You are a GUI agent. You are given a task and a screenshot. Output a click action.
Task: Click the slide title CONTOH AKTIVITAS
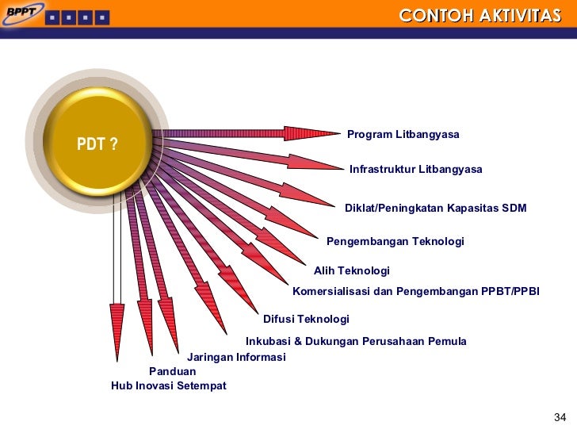[480, 16]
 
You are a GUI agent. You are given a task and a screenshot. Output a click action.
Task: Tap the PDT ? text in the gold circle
[97, 144]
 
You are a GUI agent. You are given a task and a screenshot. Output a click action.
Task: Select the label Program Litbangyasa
[403, 135]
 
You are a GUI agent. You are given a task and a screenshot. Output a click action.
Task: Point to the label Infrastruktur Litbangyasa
[415, 170]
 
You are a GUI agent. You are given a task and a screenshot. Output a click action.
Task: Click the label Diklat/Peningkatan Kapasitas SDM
[435, 209]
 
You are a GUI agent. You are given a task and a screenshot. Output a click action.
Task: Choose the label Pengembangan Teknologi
[395, 242]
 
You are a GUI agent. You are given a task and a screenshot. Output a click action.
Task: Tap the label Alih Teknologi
[352, 271]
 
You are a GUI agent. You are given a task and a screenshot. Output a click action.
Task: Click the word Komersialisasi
[331, 292]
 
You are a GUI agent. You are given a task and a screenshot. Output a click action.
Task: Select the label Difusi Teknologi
[306, 320]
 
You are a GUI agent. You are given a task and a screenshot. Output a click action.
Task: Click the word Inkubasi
[269, 342]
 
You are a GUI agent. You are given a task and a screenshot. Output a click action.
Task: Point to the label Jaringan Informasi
[236, 358]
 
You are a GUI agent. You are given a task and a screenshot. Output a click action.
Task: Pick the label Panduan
[172, 371]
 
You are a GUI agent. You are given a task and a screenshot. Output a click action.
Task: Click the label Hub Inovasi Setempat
[168, 386]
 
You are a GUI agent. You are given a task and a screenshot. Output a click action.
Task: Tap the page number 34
[560, 418]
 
